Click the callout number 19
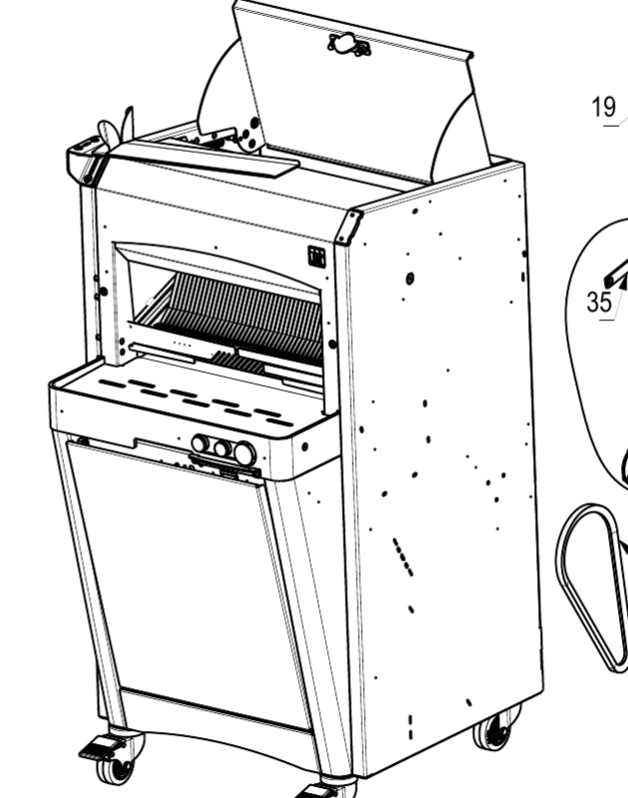pos(604,107)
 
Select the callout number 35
pos(598,301)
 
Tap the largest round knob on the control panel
pos(244,455)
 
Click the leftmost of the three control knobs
pos(199,443)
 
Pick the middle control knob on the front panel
pos(221,449)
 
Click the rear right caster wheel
pos(492,736)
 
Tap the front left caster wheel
pos(119,768)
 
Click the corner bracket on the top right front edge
pos(348,225)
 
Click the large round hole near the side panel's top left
pos(413,276)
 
